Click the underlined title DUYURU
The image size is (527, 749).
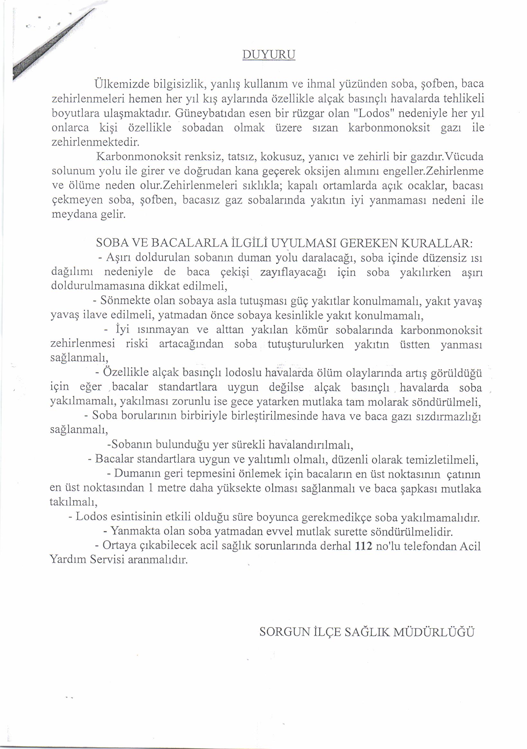coord(269,55)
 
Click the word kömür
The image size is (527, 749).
coord(312,330)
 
